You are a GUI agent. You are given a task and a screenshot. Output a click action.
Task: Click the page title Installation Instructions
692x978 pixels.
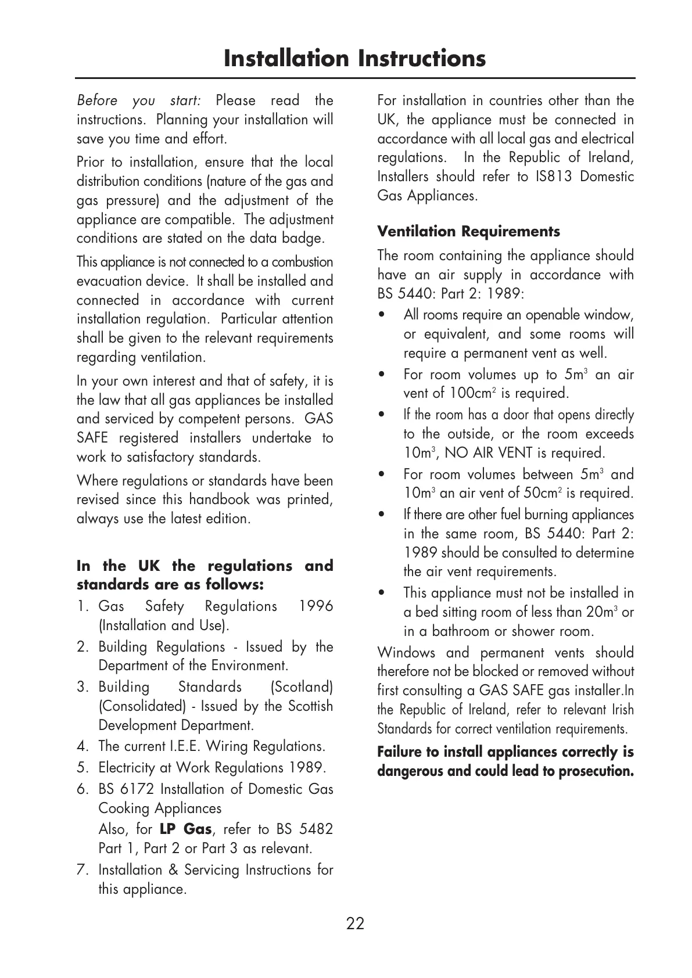pos(354,59)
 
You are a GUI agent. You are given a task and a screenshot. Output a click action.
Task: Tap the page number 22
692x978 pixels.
pos(355,923)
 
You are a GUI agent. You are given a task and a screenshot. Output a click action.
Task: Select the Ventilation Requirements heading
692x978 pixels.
pos(468,232)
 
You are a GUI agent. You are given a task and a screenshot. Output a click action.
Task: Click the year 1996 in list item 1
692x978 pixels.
pos(315,607)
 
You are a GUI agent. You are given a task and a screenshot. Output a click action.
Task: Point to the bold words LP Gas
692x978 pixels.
pos(185,829)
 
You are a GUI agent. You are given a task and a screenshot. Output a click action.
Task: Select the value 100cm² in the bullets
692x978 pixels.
pos(472,393)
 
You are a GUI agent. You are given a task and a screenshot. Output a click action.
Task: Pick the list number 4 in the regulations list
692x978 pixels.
pos(81,747)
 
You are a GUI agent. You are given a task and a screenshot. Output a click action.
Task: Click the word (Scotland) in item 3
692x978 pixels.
pos(302,688)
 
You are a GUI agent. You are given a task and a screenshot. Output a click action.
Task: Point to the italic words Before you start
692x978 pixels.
pos(139,100)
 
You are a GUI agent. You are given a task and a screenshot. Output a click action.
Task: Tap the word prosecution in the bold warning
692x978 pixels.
pos(596,771)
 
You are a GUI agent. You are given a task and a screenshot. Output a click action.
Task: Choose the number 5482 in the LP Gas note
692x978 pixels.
pos(315,829)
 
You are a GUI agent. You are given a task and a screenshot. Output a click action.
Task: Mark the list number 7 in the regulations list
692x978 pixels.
pos(81,871)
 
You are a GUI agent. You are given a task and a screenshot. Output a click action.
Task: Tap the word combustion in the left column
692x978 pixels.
pos(302,262)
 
